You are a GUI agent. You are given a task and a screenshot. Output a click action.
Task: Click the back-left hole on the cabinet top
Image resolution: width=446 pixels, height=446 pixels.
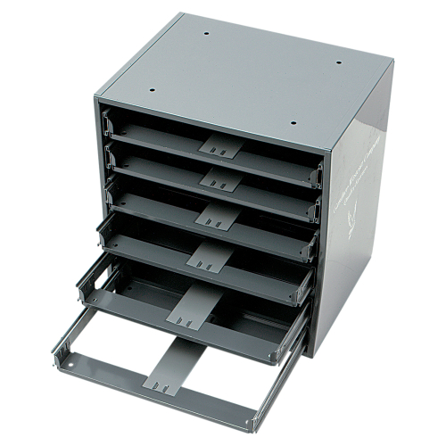coord(206,34)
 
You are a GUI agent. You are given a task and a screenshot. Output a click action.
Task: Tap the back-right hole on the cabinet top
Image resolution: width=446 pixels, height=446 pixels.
coord(338,63)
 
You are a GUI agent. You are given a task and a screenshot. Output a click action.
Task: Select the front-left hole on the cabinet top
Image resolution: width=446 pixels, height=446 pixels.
coord(152,90)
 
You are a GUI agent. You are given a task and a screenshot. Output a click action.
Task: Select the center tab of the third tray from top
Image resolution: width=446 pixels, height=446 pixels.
coord(212,215)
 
